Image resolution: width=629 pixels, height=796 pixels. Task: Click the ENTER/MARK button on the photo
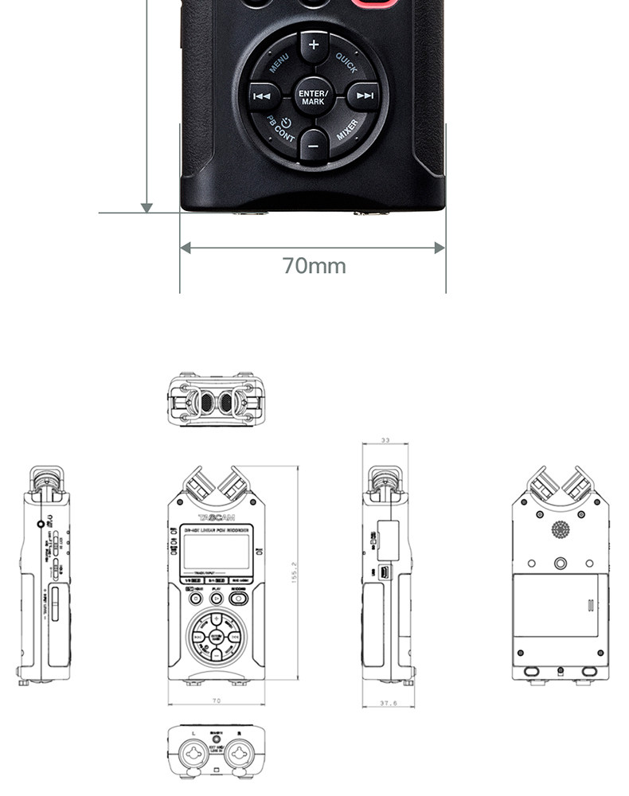point(313,97)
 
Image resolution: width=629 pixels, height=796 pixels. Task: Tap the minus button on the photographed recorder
point(313,146)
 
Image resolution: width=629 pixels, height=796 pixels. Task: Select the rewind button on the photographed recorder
point(262,96)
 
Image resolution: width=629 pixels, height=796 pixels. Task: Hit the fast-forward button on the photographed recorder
point(365,96)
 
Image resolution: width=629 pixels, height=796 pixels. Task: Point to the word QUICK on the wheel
point(346,63)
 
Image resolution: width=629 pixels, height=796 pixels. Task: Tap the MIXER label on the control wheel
point(347,131)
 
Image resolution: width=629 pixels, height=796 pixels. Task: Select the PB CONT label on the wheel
point(280,130)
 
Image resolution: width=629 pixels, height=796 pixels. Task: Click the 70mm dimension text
point(314,266)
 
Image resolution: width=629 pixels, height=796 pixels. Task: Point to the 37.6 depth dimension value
point(386,703)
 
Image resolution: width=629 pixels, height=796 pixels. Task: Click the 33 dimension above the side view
point(385,440)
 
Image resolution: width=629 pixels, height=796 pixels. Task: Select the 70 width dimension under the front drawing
point(216,700)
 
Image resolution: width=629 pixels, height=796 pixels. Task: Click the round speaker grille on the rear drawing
point(561,530)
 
